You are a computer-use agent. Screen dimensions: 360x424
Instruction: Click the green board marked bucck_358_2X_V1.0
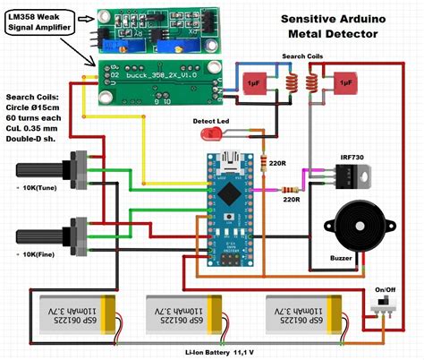(x=156, y=80)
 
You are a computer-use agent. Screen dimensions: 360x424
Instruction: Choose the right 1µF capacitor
(x=342, y=86)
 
